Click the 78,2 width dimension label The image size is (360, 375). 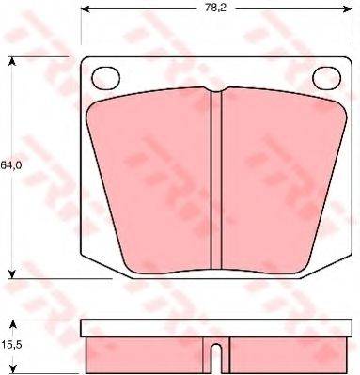215,8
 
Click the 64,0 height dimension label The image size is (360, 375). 11,165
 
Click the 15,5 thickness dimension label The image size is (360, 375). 11,346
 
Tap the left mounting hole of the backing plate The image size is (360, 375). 106,78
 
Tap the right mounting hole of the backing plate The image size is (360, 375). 327,78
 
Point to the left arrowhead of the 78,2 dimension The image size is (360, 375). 86,8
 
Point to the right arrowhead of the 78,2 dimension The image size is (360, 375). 348,8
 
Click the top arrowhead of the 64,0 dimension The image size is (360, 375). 12,61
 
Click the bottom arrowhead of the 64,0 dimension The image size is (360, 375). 12,274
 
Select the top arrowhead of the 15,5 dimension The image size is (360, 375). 12,324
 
